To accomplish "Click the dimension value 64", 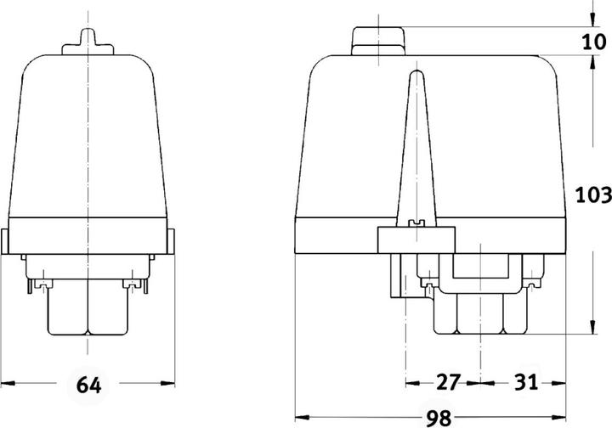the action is tap(88, 385).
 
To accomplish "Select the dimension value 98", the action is tap(439, 419).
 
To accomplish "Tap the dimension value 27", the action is tap(449, 382).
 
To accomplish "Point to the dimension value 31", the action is tap(526, 382).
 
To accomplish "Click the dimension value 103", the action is tap(593, 194).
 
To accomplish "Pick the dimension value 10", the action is tap(594, 42).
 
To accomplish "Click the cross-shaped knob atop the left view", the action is tap(88, 42).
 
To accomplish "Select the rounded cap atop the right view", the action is tap(378, 41).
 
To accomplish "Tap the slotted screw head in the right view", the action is tap(416, 223).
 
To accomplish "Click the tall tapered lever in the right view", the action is tap(416, 148).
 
